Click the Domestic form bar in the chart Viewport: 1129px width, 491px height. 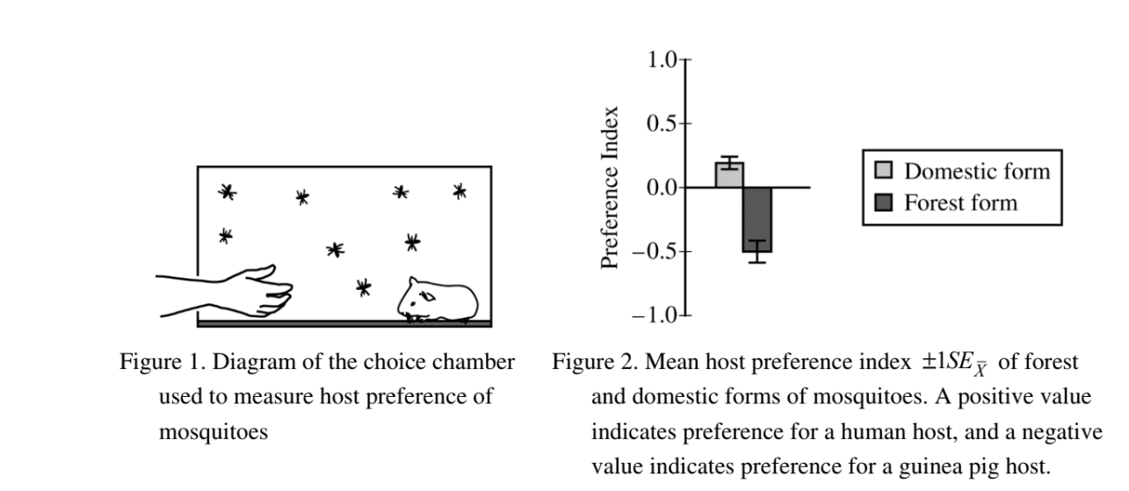[x=729, y=175]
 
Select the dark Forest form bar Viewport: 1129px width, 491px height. [x=756, y=220]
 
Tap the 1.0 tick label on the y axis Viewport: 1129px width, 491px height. [x=661, y=61]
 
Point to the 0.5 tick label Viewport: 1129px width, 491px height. [x=661, y=124]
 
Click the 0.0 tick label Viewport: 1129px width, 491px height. [x=661, y=187]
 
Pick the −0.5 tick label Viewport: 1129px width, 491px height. [x=655, y=251]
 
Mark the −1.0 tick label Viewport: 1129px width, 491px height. [x=655, y=315]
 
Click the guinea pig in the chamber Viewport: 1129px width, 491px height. [x=438, y=300]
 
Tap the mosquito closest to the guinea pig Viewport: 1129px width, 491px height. [x=363, y=286]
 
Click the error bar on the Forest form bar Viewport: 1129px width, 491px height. [x=757, y=251]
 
